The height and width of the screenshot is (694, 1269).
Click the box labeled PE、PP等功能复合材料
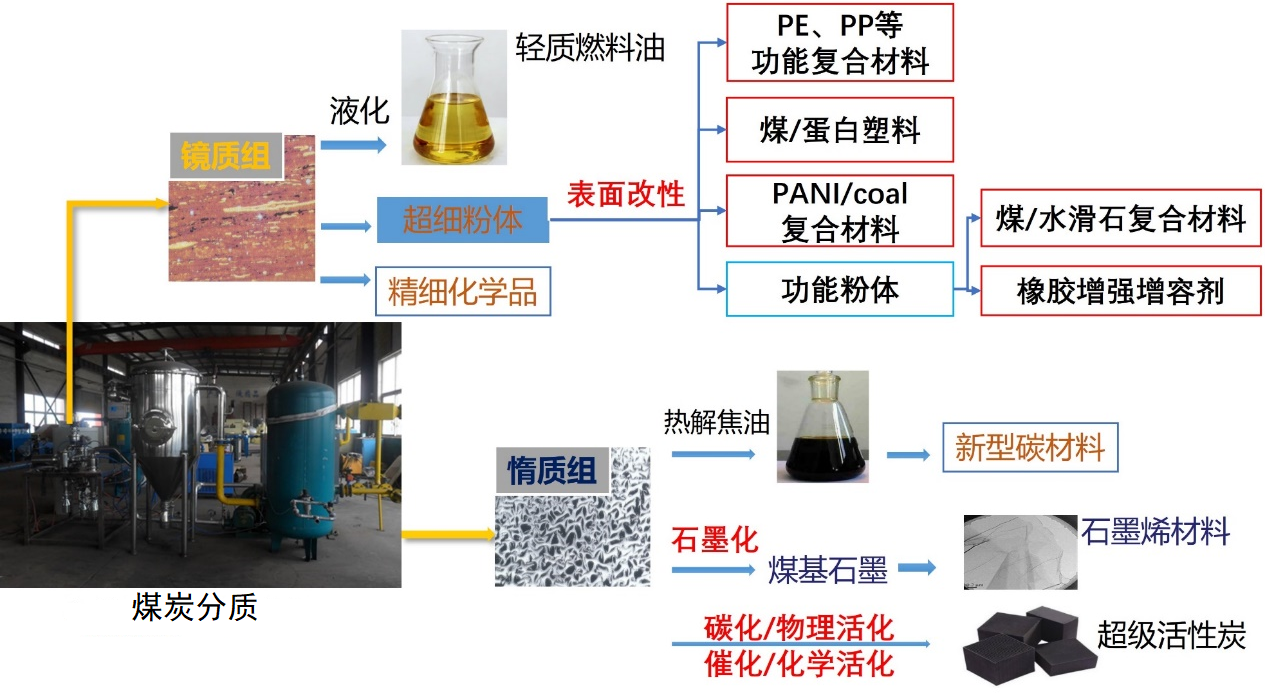coord(839,42)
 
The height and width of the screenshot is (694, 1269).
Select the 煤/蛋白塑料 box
coord(839,129)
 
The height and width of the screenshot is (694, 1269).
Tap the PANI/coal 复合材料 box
coord(839,211)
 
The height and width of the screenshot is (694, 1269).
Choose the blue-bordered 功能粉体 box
coord(839,290)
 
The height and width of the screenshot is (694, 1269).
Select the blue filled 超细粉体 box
coord(462,220)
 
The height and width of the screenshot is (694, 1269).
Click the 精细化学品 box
coord(462,292)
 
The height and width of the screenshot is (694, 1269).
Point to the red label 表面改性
coord(626,194)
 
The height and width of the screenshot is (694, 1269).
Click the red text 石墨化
coord(714,541)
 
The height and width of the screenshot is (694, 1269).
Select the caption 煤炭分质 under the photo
coord(195,607)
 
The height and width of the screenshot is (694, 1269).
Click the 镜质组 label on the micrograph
coord(226,157)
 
